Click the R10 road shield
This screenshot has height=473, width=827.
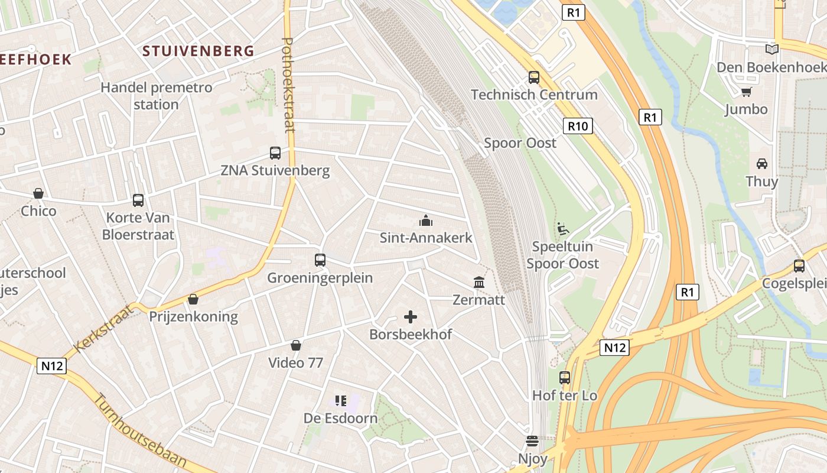click(x=578, y=125)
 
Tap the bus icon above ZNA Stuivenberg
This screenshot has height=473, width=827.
click(x=275, y=153)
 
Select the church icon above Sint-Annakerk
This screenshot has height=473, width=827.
click(x=425, y=221)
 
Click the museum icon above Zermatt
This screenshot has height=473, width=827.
click(x=479, y=283)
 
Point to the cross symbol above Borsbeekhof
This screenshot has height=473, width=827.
click(x=411, y=317)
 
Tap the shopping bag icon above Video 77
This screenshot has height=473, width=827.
click(x=296, y=345)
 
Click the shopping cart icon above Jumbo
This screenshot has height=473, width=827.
click(x=746, y=92)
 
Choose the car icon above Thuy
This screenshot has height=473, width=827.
click(x=762, y=164)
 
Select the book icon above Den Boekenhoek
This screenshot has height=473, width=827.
click(x=771, y=49)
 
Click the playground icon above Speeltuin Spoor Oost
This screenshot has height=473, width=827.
click(x=562, y=228)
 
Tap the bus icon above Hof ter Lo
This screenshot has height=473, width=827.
click(x=565, y=378)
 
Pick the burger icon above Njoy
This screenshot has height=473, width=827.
click(x=532, y=441)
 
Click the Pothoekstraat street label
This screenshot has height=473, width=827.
click(x=288, y=86)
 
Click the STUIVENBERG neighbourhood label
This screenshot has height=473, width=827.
click(x=198, y=51)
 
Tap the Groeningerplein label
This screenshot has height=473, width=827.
click(x=320, y=278)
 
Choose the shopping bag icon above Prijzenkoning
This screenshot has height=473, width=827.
click(x=193, y=299)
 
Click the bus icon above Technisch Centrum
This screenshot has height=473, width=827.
click(x=534, y=77)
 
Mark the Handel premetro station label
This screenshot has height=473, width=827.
click(x=156, y=96)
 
